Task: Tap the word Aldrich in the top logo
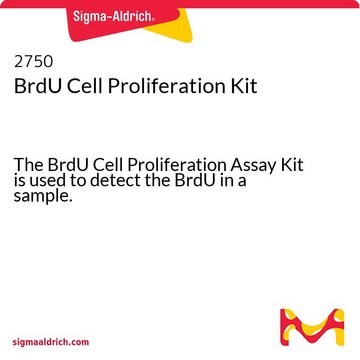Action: [x=134, y=16]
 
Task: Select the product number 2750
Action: [x=33, y=62]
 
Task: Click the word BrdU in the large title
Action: [x=36, y=86]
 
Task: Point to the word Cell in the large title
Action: [x=83, y=86]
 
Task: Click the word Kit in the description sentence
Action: [x=292, y=164]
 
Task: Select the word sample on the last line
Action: [x=40, y=197]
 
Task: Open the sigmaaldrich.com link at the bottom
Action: [x=51, y=342]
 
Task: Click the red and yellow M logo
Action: [x=312, y=327]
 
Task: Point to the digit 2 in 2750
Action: [x=18, y=62]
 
